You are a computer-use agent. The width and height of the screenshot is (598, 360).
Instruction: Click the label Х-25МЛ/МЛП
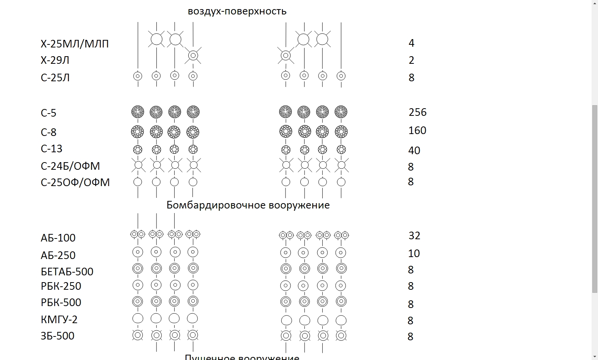coord(74,44)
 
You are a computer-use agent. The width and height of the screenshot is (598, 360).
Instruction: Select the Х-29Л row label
coord(55,60)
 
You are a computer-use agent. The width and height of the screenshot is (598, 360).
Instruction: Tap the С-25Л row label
coord(55,78)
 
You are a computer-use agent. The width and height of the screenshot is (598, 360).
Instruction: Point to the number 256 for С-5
coord(417,112)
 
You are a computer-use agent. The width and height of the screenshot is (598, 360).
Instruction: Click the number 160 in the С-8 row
coord(417,131)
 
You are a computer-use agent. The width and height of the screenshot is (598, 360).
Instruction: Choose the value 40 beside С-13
coord(414,151)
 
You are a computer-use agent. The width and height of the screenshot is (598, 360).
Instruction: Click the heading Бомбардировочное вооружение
coord(248,205)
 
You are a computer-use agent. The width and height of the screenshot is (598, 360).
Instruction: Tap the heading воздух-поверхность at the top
coord(237,11)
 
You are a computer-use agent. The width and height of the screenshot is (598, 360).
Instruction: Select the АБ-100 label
coord(58,238)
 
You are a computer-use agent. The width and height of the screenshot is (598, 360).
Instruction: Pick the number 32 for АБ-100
coord(414,236)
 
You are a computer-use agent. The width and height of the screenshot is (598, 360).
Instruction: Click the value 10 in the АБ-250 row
coord(414,254)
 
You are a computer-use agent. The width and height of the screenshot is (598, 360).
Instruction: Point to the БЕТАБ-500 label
coord(67,272)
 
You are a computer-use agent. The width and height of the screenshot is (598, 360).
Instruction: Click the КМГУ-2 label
coord(59,320)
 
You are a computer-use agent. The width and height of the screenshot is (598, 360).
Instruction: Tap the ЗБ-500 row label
coord(57,336)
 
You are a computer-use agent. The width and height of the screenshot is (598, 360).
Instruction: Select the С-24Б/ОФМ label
coord(70,166)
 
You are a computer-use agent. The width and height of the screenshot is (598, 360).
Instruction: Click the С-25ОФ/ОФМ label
coord(75,183)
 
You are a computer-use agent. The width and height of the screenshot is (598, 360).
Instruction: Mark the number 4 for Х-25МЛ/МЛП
coord(411,43)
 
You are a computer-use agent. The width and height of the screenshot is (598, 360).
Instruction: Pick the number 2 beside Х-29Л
coord(411,60)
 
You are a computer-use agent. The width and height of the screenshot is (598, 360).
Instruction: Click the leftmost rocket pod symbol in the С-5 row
coord(138,112)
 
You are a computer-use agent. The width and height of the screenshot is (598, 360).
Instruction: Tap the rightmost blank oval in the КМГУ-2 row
coord(341,321)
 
